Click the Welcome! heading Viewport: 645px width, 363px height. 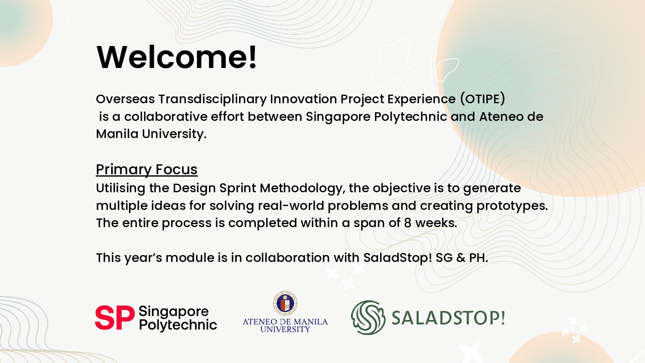tap(176, 57)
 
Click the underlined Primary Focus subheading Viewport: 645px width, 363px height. tap(147, 169)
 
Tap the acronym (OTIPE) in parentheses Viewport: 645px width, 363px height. tap(482, 99)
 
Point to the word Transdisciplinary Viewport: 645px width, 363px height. tap(212, 99)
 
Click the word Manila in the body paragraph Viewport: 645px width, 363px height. tap(117, 134)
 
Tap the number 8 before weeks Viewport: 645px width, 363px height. tap(408, 223)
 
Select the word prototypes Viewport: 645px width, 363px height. tap(512, 206)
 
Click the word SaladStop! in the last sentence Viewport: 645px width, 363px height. tap(398, 258)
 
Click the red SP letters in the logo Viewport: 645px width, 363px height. tap(115, 317)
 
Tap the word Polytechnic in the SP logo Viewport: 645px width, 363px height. tap(178, 325)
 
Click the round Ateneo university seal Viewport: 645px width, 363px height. tap(286, 303)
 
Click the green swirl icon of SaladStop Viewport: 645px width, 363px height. tap(368, 317)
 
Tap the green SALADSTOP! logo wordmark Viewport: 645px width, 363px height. tap(448, 318)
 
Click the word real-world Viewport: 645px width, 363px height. tap(291, 206)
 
